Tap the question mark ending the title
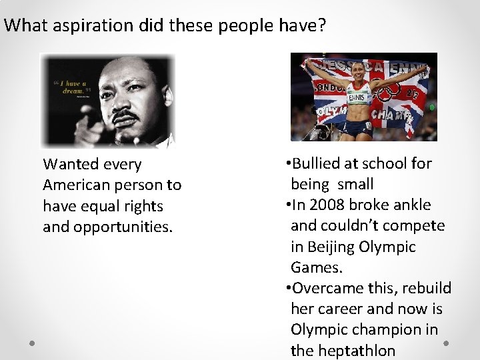(321, 26)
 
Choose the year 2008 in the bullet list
(325, 205)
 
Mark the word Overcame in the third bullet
(324, 288)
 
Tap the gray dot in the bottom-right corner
(446, 343)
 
